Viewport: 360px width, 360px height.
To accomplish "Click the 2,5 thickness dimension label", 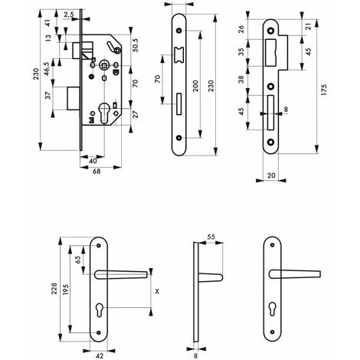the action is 68,15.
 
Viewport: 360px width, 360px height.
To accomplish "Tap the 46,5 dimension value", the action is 46,69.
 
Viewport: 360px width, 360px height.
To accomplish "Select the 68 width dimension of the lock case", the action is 97,172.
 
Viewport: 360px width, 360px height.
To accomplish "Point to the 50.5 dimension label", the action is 136,45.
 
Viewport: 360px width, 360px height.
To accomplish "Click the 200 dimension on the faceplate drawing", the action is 195,86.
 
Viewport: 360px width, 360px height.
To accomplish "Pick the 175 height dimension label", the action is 324,90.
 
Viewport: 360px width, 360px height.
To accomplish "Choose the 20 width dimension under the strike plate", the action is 271,175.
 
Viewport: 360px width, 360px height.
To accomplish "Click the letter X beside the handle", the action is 157,291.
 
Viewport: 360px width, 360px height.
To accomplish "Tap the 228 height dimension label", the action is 54,288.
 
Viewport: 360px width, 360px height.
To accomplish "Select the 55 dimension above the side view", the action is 211,237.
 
